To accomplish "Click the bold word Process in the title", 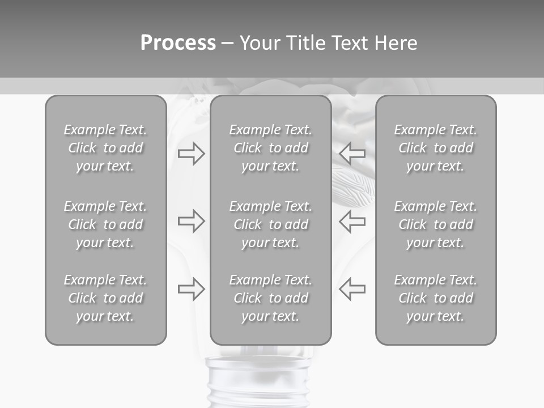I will coord(178,43).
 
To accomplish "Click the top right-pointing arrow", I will coord(191,153).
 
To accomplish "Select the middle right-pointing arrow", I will coord(191,221).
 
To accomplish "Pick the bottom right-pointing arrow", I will coord(191,289).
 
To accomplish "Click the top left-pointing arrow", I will coord(352,153).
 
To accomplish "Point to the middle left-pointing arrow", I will coord(352,221).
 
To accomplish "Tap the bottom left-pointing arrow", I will coord(352,289).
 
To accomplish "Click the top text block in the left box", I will coord(105,148).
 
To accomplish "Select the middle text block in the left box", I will coord(105,224).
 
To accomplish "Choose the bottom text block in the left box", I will coord(105,298).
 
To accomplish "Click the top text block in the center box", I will coord(270,148).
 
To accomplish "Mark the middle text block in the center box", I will coord(270,224).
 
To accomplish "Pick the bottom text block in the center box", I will coord(270,298).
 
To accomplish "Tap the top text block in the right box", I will coord(435,148).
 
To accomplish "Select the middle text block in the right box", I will coord(435,224).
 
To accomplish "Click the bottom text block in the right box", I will coord(435,298).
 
